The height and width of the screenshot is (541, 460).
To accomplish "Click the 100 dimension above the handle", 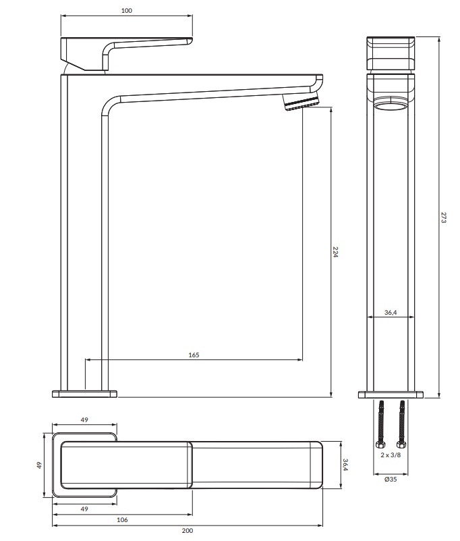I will [127, 11].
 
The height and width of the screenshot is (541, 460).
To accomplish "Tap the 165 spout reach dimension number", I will [194, 355].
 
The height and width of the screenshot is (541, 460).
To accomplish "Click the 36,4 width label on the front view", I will [391, 312].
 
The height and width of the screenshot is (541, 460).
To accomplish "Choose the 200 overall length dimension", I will [188, 531].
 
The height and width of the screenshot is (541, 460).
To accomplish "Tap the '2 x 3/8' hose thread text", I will [391, 456].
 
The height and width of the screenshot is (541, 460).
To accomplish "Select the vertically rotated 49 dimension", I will [39, 465].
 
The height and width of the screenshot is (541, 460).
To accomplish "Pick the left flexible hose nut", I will [380, 444].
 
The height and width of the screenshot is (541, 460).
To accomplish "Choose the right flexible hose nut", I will [403, 444].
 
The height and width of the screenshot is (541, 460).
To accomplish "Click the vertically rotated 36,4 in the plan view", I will [345, 465].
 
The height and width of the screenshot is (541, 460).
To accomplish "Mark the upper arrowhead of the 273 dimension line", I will [439, 38].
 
